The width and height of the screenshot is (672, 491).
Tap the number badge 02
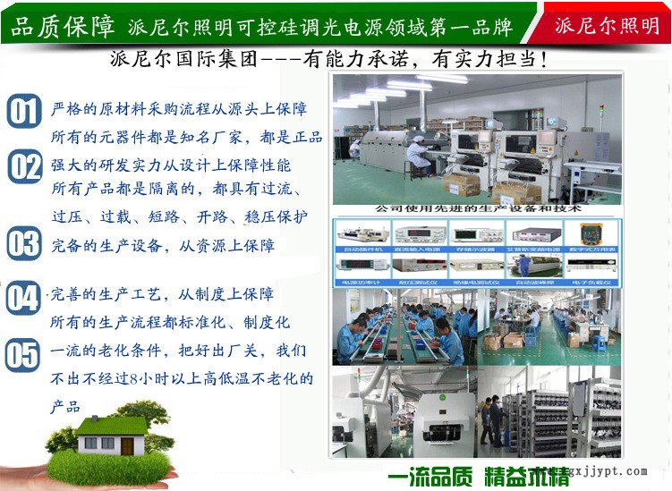coord(25,168)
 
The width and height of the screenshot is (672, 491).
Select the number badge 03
coord(24,244)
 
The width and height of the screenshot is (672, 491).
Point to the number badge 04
coord(23,298)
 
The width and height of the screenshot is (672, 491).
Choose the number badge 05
coord(23,355)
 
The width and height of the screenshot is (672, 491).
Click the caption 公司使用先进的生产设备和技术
coord(478,208)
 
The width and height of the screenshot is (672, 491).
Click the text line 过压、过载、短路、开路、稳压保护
coord(179,217)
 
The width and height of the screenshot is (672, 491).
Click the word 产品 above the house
coord(65,407)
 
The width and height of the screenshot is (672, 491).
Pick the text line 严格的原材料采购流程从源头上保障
coord(179,109)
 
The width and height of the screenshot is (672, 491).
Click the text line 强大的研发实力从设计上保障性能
coord(171,165)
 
